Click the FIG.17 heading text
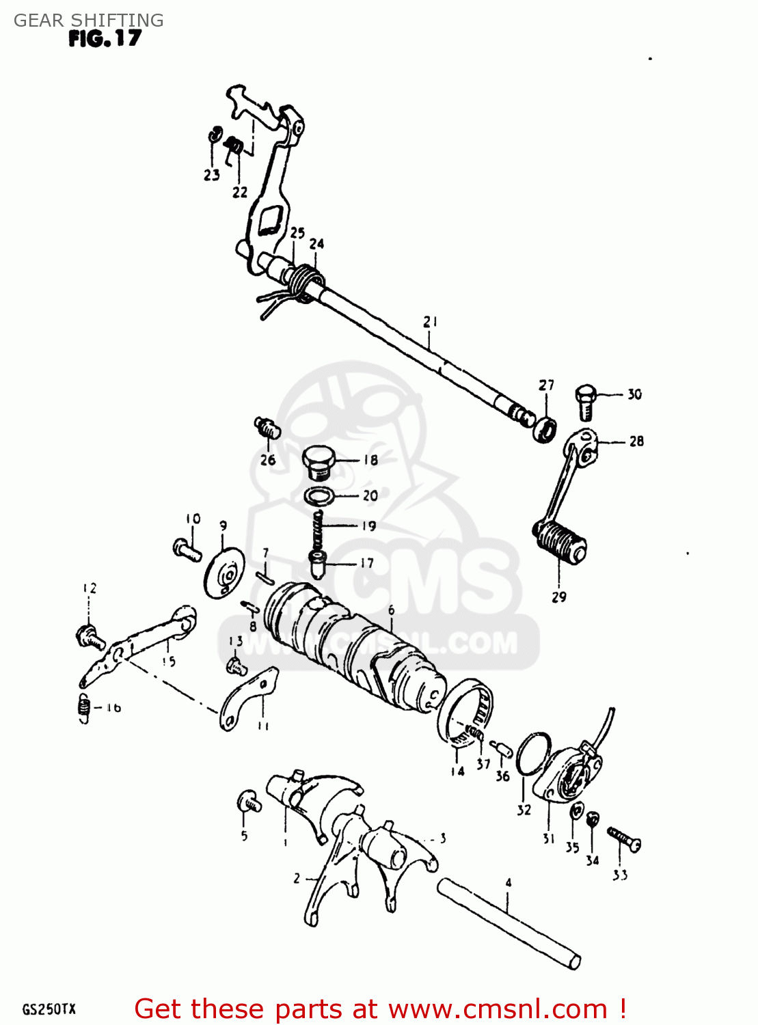coord(104,38)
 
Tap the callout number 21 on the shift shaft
coord(430,321)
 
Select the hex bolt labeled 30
coord(586,401)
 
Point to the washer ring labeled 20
coord(319,495)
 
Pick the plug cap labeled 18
coord(318,462)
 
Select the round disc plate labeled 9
coord(224,573)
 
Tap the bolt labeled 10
coord(186,548)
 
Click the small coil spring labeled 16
coord(83,708)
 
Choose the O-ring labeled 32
coord(533,754)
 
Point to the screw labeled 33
coord(623,838)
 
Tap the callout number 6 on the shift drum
coord(391,610)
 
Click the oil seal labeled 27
coord(545,430)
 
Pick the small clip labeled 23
coord(214,134)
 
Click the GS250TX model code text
coord(49,1009)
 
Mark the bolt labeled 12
coord(89,638)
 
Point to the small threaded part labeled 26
coord(267,428)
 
